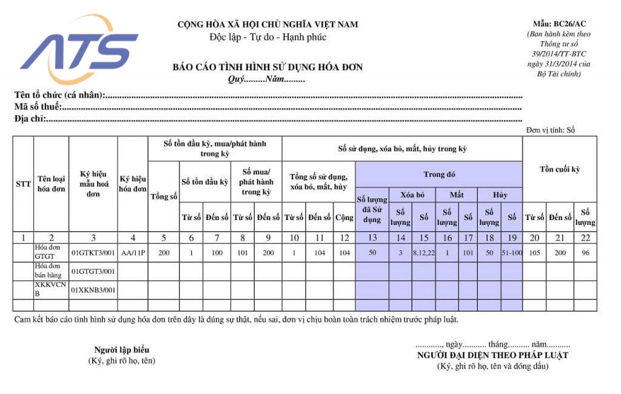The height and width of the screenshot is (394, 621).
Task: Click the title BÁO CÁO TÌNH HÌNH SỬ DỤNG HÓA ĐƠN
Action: click(x=267, y=67)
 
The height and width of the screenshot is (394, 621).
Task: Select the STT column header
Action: click(x=23, y=183)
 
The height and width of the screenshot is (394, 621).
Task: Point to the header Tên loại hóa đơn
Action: click(x=51, y=183)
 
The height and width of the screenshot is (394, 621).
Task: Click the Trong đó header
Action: click(x=439, y=175)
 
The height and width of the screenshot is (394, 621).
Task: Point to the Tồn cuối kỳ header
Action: click(x=560, y=169)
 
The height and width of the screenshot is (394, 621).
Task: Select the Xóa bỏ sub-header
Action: click(x=411, y=195)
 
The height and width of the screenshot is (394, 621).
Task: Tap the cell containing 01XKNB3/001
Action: click(x=93, y=290)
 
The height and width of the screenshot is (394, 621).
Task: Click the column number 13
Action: click(x=372, y=238)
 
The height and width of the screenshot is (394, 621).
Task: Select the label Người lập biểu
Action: click(x=121, y=350)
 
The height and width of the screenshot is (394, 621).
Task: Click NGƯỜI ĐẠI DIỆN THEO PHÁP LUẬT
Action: click(x=492, y=355)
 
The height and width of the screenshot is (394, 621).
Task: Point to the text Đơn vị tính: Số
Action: click(x=550, y=130)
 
